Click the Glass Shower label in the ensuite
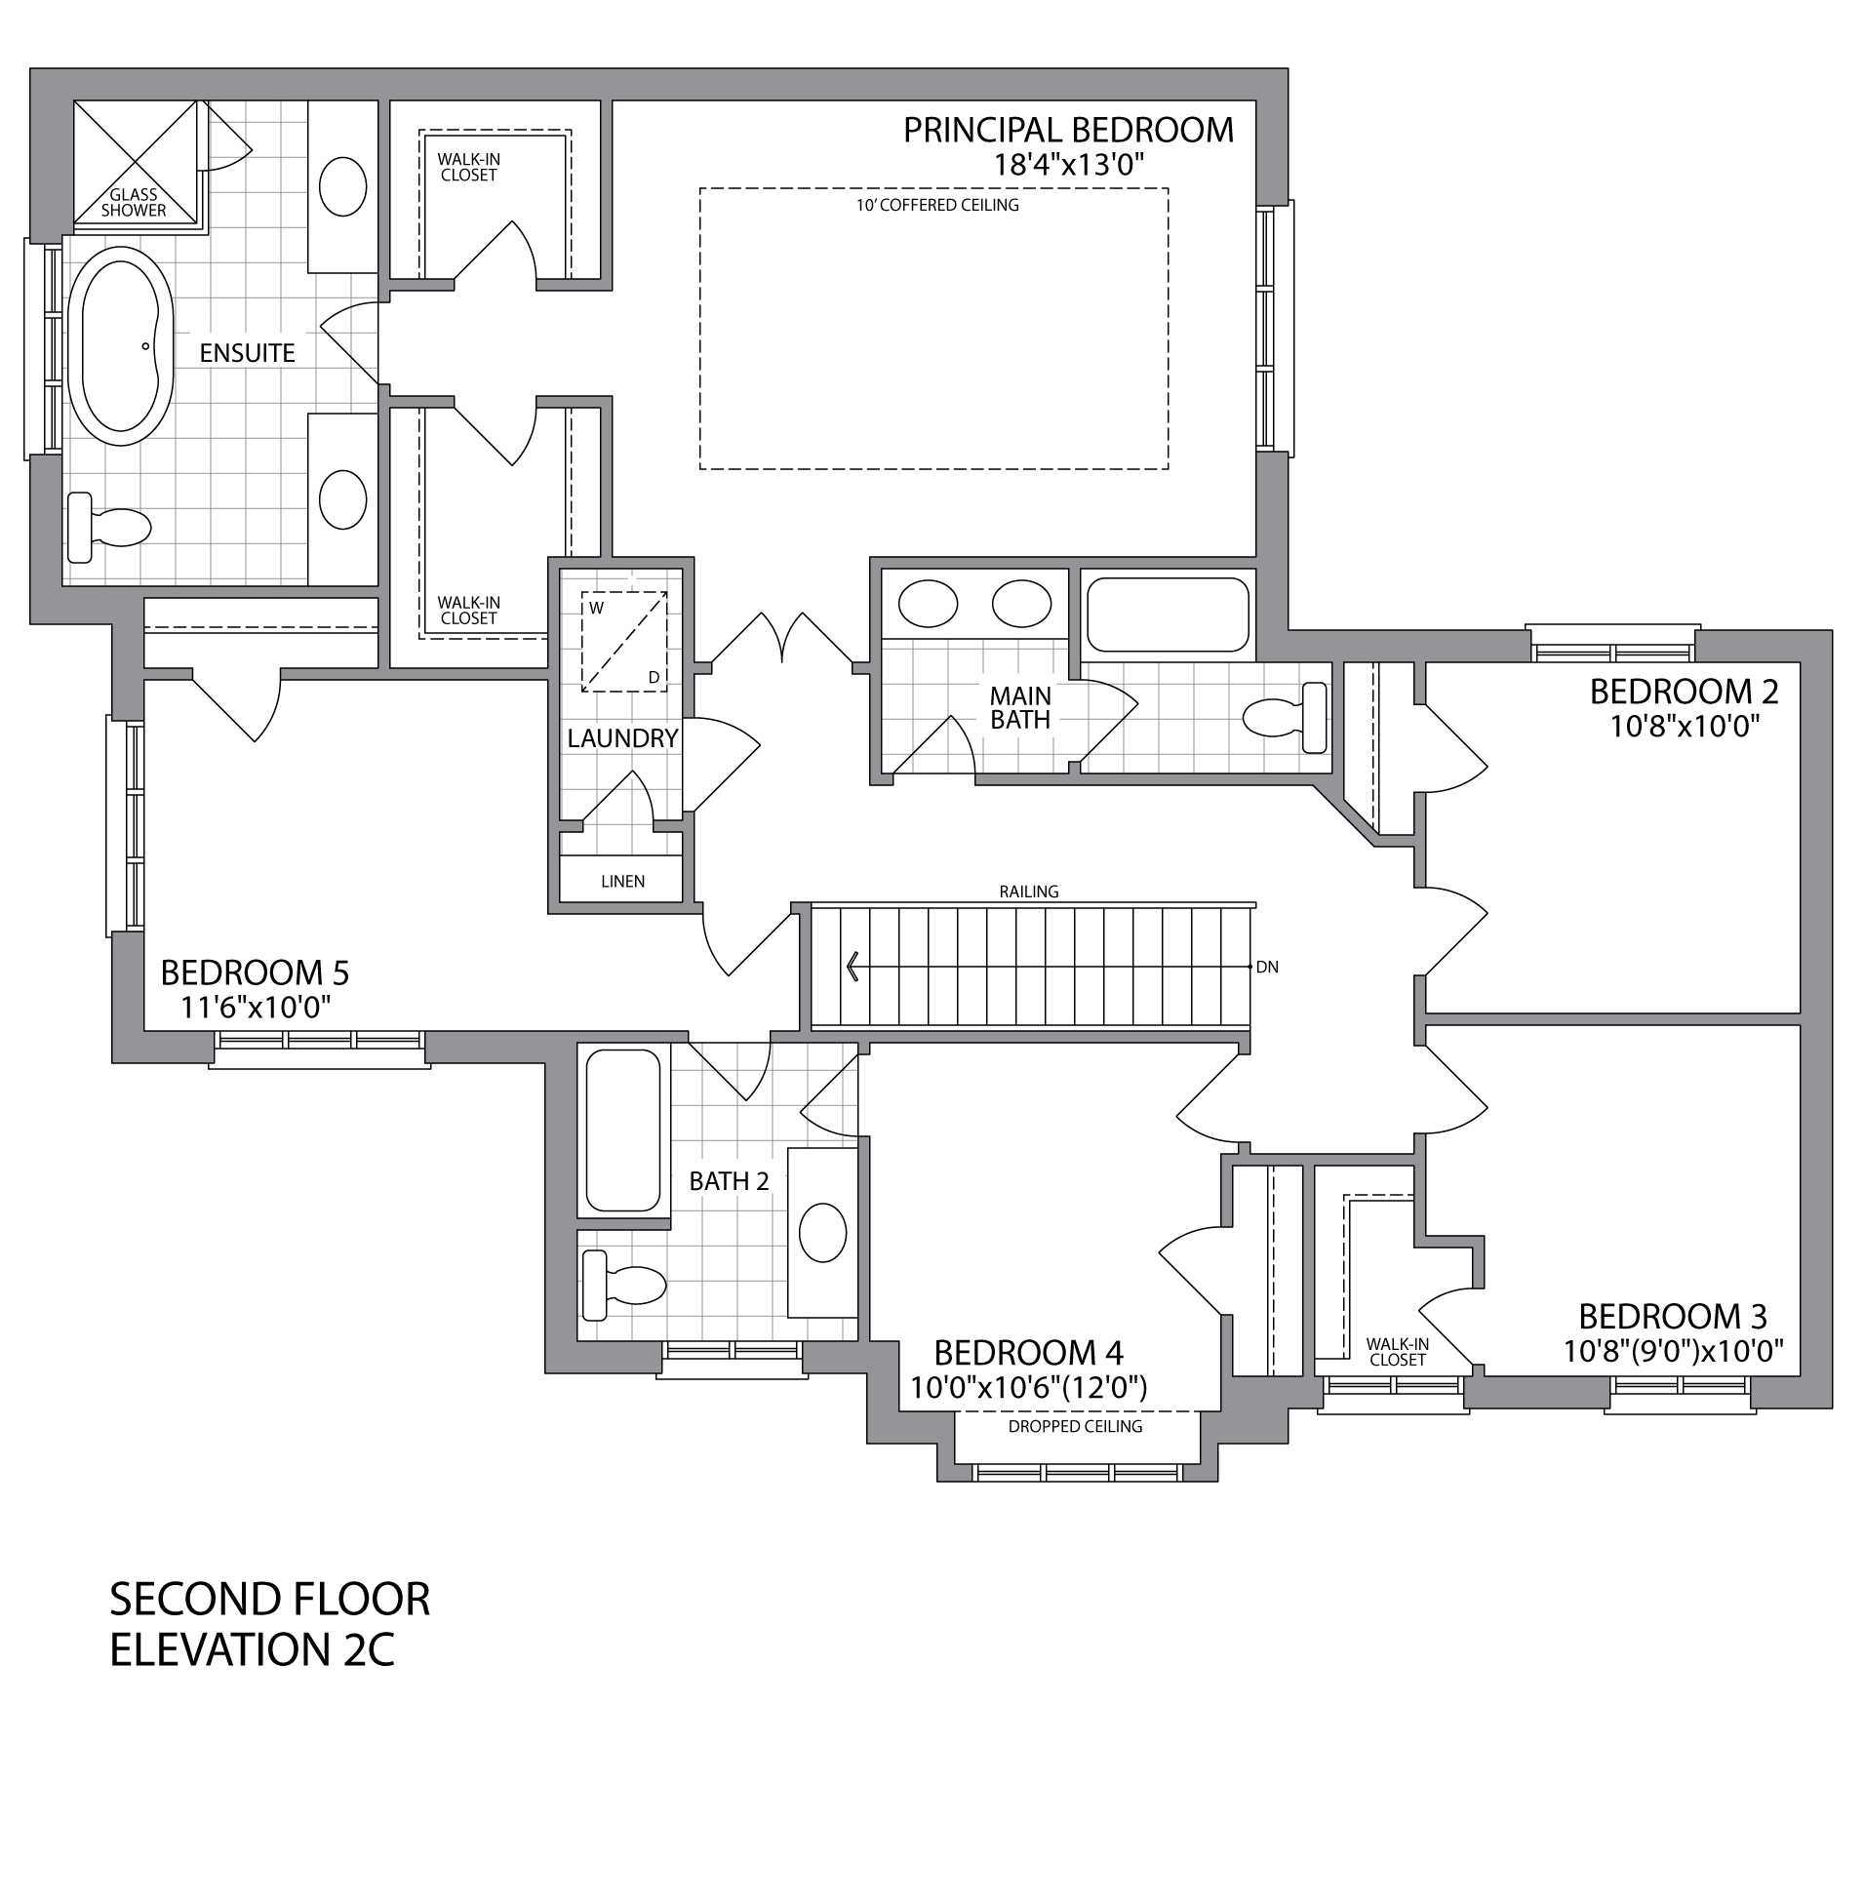[135, 203]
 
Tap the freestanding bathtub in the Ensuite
[120, 339]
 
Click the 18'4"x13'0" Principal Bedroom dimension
[1069, 164]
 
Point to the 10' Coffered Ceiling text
[937, 206]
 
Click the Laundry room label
[621, 738]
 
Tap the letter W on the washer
[596, 607]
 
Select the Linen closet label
[622, 881]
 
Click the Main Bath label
[1020, 708]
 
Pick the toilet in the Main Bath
[1285, 718]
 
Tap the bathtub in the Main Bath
[1168, 615]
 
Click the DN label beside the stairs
[1267, 968]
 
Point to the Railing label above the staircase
[1029, 892]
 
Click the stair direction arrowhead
[853, 968]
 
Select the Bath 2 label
[729, 1181]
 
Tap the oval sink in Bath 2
[822, 1233]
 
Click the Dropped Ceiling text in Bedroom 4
[1075, 1426]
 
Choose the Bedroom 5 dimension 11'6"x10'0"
[257, 1008]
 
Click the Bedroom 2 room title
[1683, 693]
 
